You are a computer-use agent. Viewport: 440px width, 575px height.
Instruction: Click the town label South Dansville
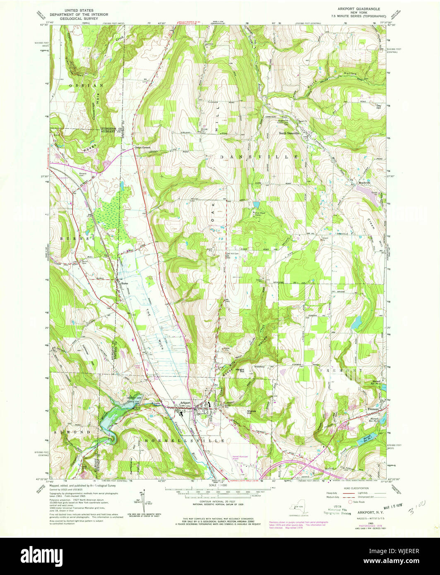coord(290,133)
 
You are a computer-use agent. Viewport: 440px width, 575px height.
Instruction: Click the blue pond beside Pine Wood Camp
coord(256,204)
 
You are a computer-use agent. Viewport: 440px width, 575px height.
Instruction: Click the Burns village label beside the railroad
coord(125,283)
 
